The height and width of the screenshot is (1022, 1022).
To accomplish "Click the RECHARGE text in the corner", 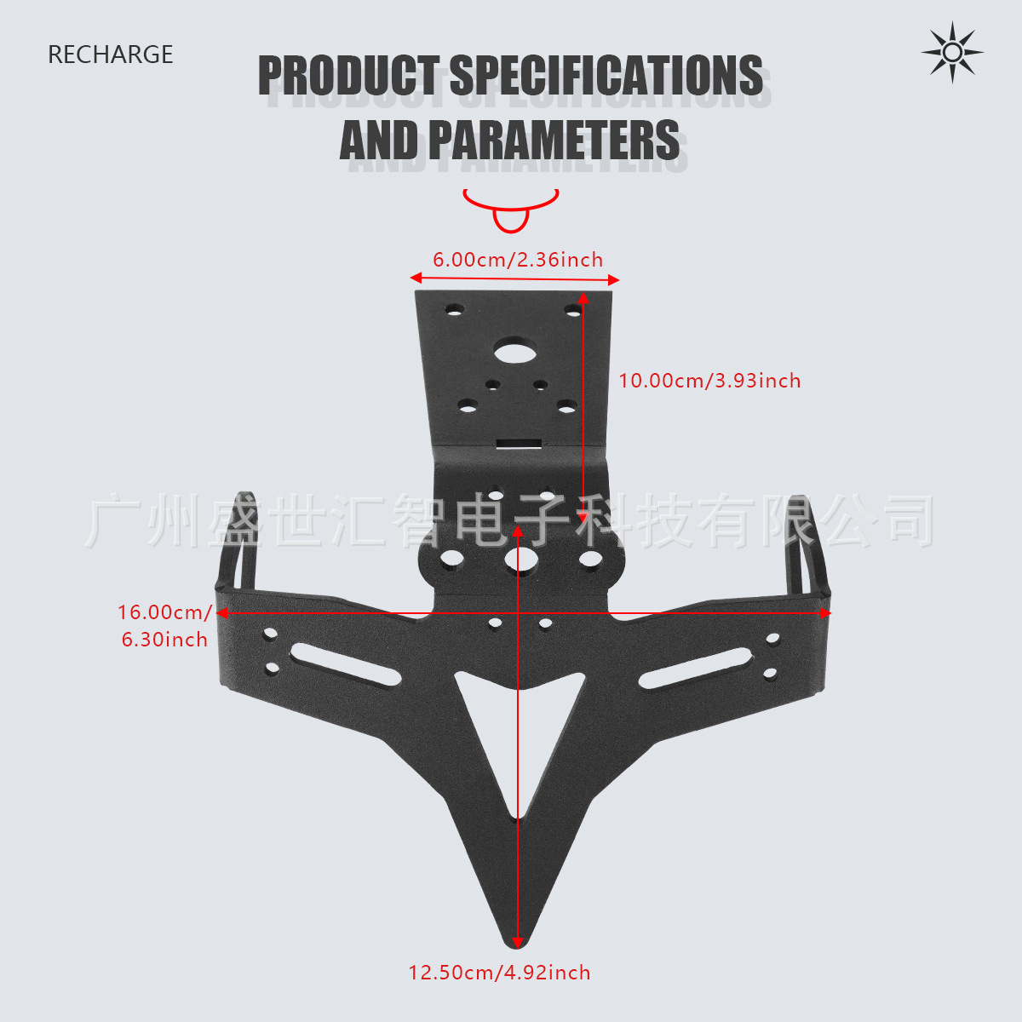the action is click(x=110, y=55).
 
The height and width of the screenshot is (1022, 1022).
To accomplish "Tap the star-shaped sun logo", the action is click(x=952, y=53).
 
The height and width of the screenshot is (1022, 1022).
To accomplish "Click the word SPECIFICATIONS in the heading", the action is click(x=606, y=76).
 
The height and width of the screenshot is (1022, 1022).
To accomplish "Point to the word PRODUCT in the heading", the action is click(x=348, y=76).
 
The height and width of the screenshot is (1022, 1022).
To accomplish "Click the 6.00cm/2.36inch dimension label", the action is click(x=517, y=260).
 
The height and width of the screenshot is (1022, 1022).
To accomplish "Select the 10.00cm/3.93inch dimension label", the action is click(x=709, y=381).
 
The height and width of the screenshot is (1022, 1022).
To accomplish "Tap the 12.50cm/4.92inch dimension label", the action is click(x=499, y=973).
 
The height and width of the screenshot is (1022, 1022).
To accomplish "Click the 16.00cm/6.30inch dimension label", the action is click(x=164, y=626).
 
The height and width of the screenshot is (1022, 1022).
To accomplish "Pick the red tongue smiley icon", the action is click(x=510, y=210).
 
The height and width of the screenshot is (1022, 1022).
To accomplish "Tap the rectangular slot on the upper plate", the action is click(x=520, y=444).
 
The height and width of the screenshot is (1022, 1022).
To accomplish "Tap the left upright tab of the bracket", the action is click(x=237, y=546).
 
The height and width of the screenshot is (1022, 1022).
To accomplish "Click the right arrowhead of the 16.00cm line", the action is click(x=825, y=612).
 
